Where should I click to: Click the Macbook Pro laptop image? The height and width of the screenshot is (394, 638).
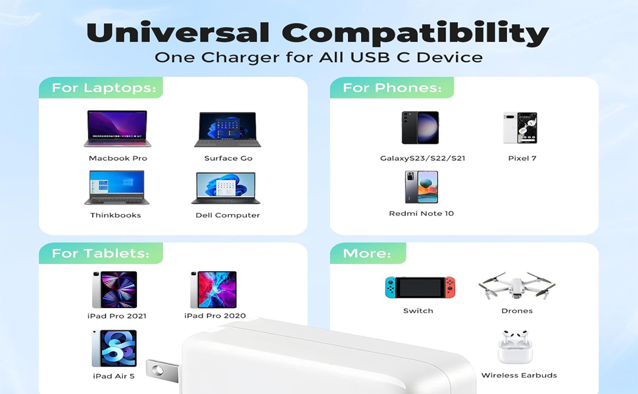coord(117,129)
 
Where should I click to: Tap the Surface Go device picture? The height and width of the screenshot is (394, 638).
coord(228,129)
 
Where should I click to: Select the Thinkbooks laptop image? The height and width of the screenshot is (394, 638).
coord(116,188)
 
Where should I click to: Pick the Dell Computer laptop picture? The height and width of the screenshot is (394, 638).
coord(226,188)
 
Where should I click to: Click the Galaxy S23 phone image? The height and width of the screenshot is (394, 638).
coord(420,128)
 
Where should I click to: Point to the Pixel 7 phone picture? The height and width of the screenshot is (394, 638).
coord(520,128)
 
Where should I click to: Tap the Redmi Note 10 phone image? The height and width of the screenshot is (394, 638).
coord(421,187)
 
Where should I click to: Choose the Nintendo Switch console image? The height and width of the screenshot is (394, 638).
coord(420,287)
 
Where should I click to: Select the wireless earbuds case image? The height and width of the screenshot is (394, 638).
coord(515,347)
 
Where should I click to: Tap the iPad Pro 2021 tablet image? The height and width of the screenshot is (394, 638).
coord(115,290)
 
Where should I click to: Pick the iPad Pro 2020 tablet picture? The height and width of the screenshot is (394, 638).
coord(213,290)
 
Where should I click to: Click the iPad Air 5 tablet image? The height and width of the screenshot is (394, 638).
coord(114,349)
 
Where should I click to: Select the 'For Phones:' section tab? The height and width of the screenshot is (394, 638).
coord(392,88)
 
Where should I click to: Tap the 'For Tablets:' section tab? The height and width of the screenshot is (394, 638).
coord(100,253)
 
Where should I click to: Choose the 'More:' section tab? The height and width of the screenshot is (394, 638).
coord(367,253)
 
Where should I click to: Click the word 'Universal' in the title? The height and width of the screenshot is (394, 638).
coord(178,32)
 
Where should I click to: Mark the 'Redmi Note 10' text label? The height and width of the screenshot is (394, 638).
coord(421,213)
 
